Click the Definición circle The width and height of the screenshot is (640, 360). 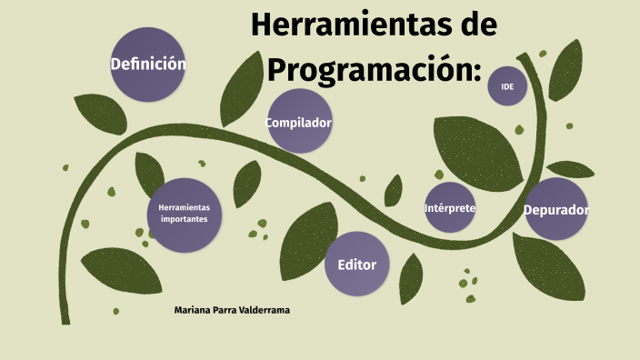click(x=147, y=65)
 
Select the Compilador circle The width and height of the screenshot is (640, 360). click(x=298, y=122)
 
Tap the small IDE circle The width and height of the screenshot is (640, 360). click(x=507, y=87)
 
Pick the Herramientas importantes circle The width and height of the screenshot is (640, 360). click(x=184, y=214)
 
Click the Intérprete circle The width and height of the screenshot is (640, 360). click(x=450, y=208)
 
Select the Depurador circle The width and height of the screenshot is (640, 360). click(x=556, y=210)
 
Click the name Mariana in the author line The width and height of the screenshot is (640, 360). click(x=194, y=311)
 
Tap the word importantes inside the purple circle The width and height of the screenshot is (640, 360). click(x=184, y=219)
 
